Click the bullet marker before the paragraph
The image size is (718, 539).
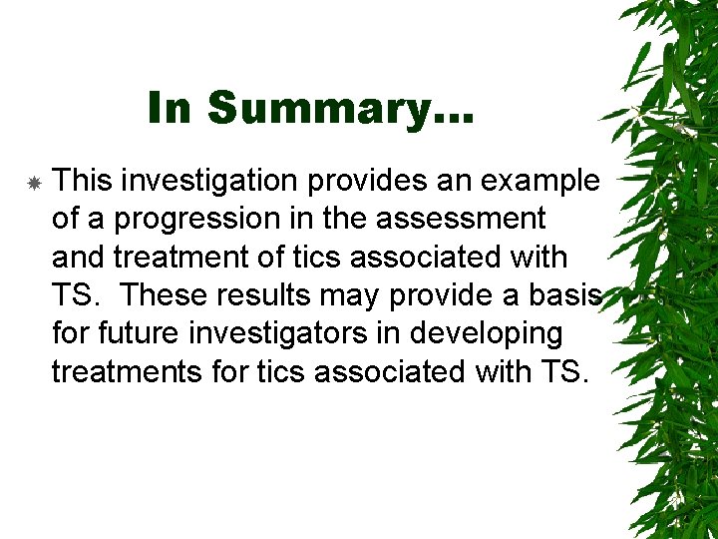33,184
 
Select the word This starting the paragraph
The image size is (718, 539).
81,181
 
